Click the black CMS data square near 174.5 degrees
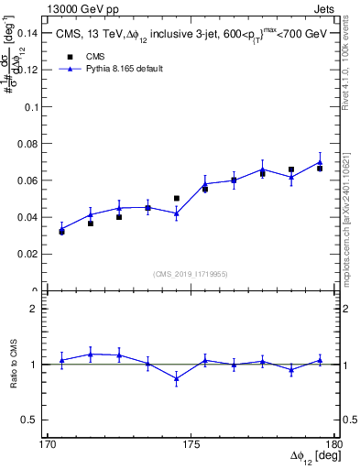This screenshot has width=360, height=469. [177, 198]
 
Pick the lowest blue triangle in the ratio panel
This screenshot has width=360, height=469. [176, 378]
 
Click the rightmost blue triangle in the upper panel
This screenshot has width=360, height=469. [320, 162]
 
